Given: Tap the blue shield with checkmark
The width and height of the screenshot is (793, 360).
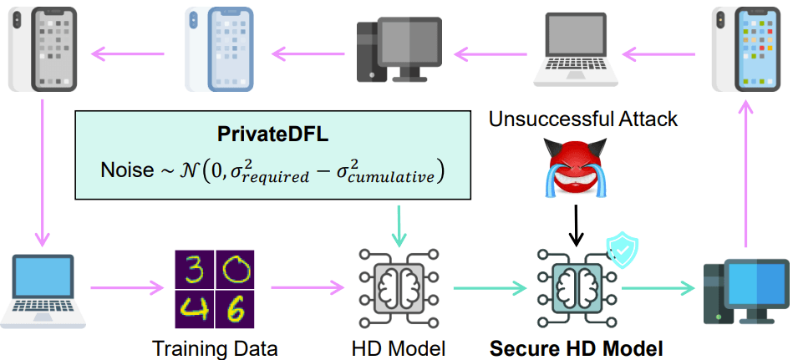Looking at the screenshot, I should (622, 251).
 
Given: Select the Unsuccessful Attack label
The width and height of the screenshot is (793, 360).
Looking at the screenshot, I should (583, 120).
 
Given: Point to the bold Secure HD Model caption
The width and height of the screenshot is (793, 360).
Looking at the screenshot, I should (576, 347).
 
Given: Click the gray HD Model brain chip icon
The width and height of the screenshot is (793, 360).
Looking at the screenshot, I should (398, 289).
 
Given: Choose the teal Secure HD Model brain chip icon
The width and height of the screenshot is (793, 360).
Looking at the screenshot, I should (574, 289).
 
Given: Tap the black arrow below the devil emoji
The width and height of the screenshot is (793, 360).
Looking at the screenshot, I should (574, 226).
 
